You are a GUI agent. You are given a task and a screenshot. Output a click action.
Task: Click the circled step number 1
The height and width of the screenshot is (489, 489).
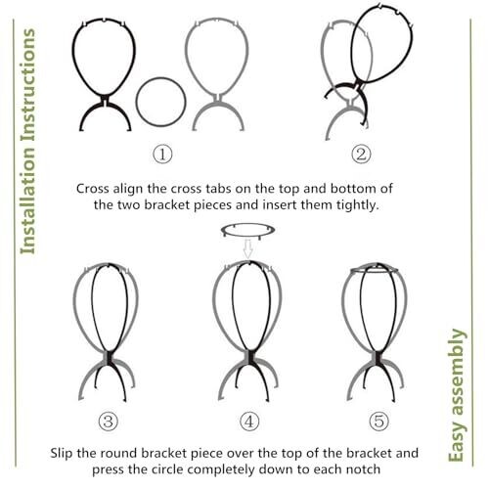tap(162, 154)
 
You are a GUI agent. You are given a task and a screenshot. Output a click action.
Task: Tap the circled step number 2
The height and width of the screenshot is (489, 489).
tap(361, 154)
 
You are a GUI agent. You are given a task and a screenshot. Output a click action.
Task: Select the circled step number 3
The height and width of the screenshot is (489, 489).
tap(108, 421)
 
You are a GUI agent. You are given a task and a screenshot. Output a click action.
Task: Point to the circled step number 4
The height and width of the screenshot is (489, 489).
tap(249, 421)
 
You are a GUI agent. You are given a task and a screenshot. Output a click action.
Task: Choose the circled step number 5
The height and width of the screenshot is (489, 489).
tap(379, 421)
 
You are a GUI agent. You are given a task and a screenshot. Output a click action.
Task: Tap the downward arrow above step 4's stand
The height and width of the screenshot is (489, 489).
tap(248, 248)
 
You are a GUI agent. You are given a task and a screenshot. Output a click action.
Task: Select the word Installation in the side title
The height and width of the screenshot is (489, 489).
tap(27, 200)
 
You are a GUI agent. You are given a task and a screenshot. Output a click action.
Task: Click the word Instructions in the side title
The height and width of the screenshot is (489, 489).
tap(28, 85)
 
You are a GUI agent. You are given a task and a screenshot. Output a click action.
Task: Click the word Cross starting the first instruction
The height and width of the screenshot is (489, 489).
tap(93, 189)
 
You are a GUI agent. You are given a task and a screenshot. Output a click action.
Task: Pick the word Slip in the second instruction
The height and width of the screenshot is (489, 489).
tap(62, 453)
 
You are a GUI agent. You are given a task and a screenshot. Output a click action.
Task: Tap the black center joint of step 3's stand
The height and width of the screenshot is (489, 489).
tap(109, 357)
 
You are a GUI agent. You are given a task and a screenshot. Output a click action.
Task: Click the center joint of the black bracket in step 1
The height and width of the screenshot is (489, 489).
tap(105, 101)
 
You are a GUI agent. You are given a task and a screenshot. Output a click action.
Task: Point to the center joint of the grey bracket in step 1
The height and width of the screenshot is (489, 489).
tap(218, 99)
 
